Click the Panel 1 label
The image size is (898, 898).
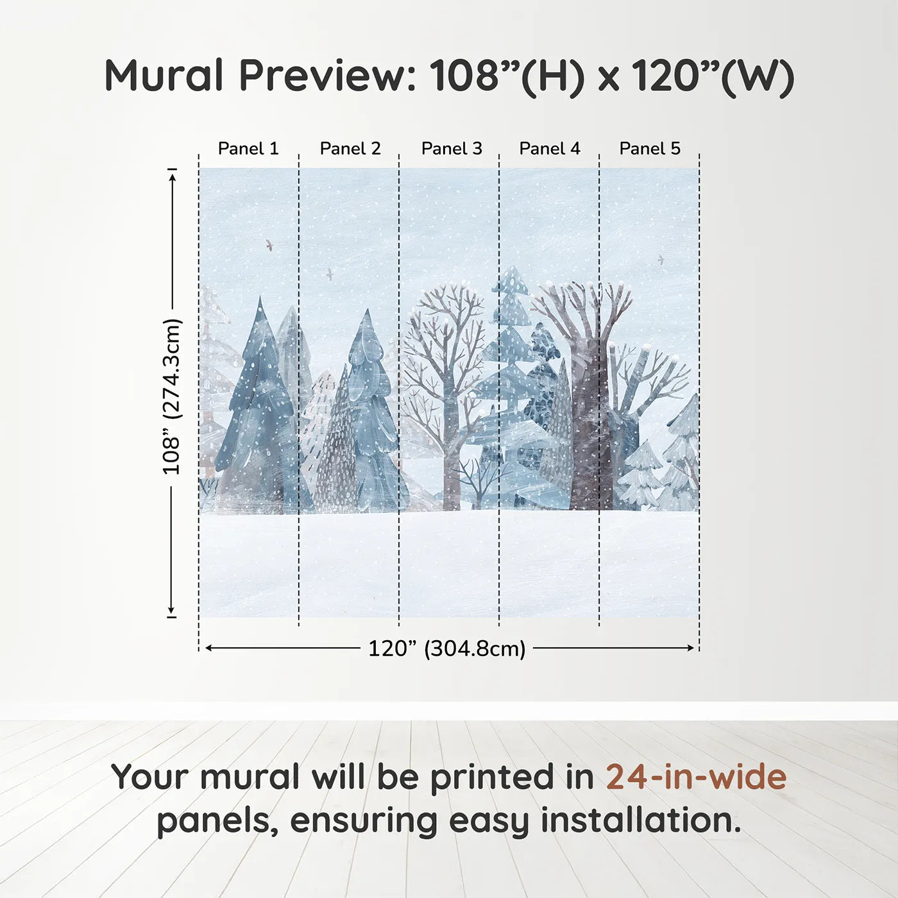point(248,149)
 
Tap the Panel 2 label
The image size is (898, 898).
point(350,149)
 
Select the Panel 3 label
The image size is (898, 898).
point(451,149)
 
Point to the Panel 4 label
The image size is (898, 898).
point(550,149)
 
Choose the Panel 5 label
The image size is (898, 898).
point(650,149)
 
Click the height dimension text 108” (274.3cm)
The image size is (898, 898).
point(171,396)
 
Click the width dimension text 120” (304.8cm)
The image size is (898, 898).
point(447,648)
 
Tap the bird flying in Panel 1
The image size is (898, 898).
point(269,244)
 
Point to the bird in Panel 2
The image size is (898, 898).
point(330,274)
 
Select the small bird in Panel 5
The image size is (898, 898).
point(660,259)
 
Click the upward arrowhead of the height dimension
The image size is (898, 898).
point(172,178)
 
